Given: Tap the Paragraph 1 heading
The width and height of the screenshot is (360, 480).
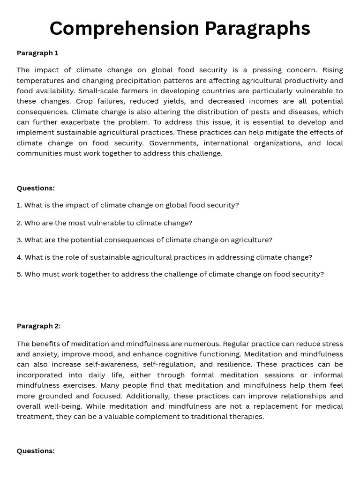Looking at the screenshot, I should pyautogui.click(x=37, y=53).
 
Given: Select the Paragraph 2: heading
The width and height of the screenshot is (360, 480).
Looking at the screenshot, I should pyautogui.click(x=38, y=326).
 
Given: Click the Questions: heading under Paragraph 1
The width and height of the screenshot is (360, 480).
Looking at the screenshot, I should pyautogui.click(x=36, y=188).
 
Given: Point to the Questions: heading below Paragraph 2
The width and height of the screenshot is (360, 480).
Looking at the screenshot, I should pyautogui.click(x=36, y=451).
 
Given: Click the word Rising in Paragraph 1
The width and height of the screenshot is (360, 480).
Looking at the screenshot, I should pyautogui.click(x=332, y=70).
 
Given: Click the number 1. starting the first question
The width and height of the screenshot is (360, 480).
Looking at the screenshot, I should pyautogui.click(x=19, y=205).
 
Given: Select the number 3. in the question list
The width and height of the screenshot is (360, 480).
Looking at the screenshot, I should pyautogui.click(x=20, y=240).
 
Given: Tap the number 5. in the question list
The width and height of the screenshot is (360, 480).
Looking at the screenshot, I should pyautogui.click(x=20, y=274).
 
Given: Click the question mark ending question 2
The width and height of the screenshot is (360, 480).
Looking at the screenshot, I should pyautogui.click(x=190, y=223).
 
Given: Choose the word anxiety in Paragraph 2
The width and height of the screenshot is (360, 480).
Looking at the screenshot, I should pyautogui.click(x=45, y=354).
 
